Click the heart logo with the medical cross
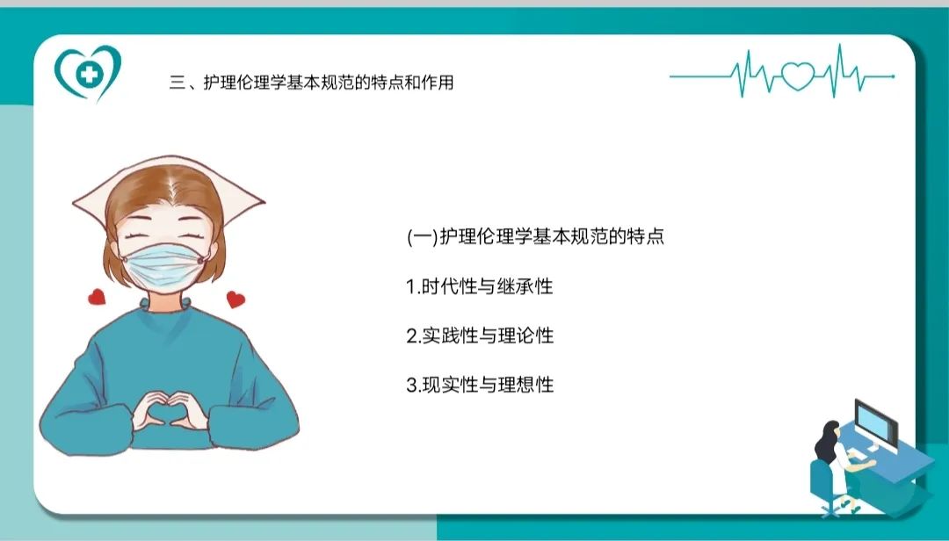[88, 73]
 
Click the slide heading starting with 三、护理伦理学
[312, 83]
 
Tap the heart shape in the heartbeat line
[798, 76]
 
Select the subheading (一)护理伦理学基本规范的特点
[536, 236]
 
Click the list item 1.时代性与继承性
[480, 285]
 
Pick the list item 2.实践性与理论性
[480, 335]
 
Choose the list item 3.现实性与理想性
[480, 385]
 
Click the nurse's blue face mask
[164, 265]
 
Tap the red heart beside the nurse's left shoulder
[97, 297]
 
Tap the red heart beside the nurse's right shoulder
[235, 299]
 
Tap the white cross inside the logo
[89, 74]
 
